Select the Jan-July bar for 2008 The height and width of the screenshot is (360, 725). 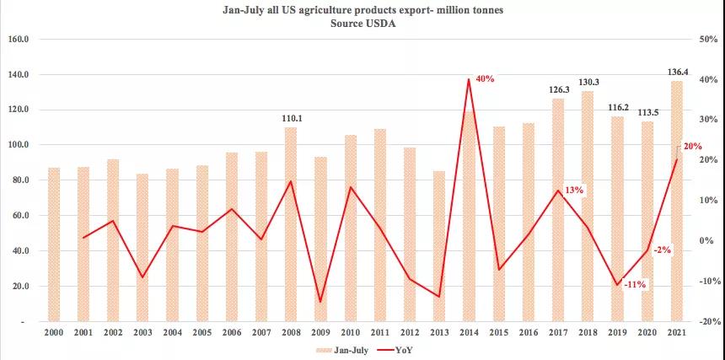click(x=290, y=223)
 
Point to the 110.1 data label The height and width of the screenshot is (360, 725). click(x=291, y=119)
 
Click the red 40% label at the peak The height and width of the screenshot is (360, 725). click(x=485, y=78)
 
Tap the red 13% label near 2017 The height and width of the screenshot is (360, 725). click(x=574, y=191)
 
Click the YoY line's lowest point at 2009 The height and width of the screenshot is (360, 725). click(x=320, y=301)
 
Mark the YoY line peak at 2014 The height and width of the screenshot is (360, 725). click(x=469, y=80)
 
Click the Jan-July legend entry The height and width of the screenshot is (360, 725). click(x=341, y=348)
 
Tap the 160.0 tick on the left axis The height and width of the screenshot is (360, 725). click(x=19, y=39)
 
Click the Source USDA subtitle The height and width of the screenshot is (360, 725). click(x=362, y=24)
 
